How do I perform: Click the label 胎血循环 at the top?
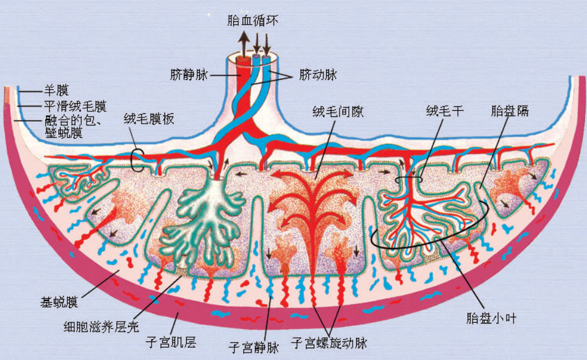tap(253, 20)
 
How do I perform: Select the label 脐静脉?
tap(189, 75)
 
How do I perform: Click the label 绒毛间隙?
tap(338, 111)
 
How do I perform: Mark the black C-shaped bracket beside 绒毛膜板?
tap(137, 160)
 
